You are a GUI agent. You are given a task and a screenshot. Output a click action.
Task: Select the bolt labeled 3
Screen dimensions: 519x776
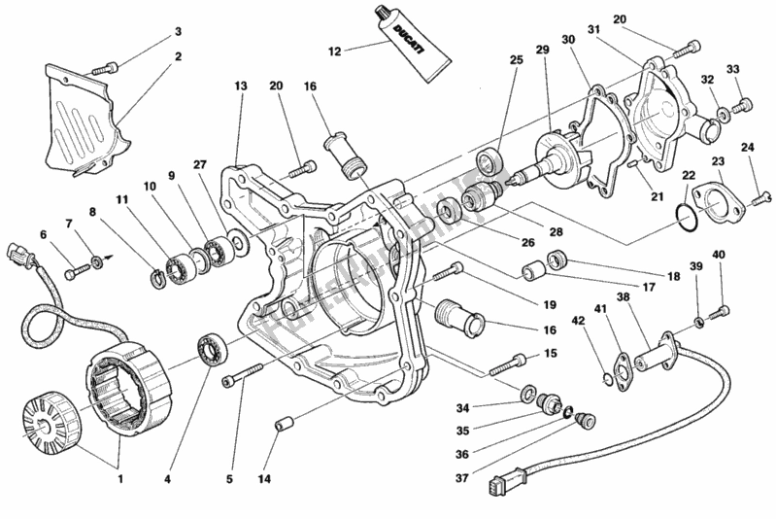coord(105,68)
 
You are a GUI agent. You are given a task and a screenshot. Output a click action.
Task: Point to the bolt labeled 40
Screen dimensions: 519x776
coord(720,312)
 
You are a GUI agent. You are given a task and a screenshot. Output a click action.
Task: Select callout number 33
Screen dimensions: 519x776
coord(732,69)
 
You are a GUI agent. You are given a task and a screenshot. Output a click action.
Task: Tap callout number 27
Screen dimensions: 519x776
coord(227,166)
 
